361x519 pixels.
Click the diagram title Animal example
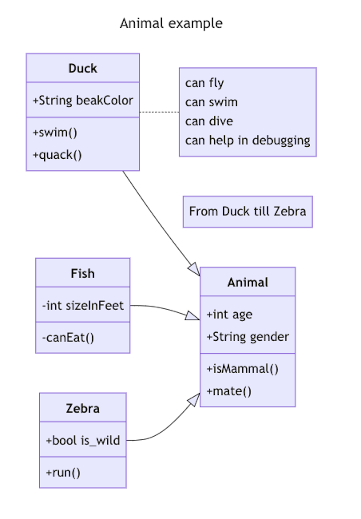tap(171, 24)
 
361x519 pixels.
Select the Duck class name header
tap(83, 68)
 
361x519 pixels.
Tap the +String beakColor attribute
tap(83, 100)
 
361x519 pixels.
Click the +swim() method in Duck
tap(55, 133)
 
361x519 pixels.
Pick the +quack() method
tap(57, 155)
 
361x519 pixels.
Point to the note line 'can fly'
tap(204, 83)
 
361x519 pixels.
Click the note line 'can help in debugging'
tap(247, 140)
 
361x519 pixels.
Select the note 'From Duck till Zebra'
tap(248, 212)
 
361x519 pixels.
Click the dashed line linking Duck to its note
tap(159, 112)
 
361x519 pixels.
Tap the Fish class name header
tap(83, 273)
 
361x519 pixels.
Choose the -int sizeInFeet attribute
tap(83, 305)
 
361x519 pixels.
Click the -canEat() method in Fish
tap(68, 338)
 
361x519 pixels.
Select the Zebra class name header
tap(83, 408)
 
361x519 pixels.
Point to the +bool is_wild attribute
tap(83, 441)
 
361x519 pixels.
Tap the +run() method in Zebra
tap(63, 473)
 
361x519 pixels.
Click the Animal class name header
tap(248, 282)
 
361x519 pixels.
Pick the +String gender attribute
tap(248, 337)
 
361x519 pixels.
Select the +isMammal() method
tap(242, 369)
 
